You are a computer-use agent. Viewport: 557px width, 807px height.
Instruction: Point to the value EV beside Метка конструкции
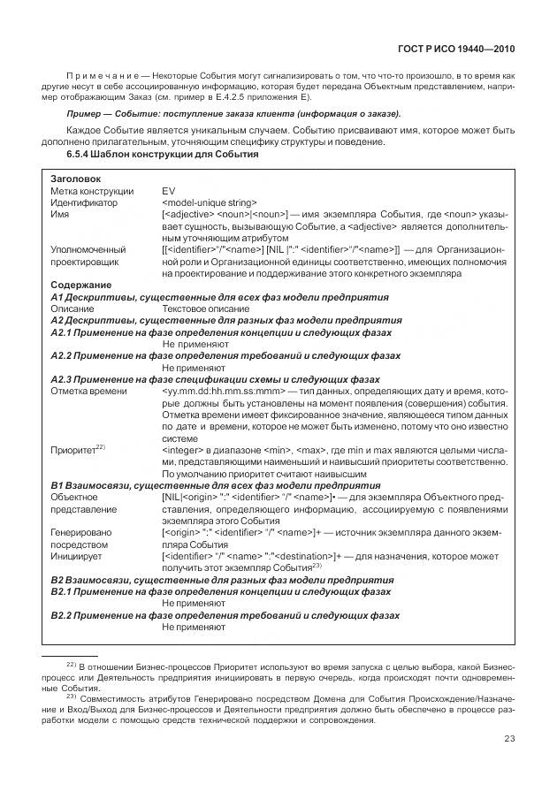pos(169,191)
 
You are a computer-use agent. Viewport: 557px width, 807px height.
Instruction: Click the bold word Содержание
pos(80,285)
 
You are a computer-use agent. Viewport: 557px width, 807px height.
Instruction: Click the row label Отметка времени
pos(88,391)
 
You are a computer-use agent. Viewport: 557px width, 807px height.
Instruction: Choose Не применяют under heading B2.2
pos(195,626)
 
